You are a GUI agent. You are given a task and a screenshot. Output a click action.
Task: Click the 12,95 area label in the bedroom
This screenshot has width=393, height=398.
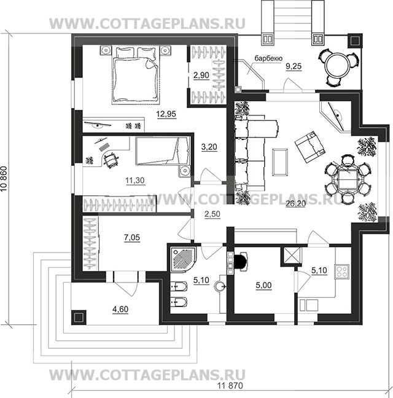tap(166, 114)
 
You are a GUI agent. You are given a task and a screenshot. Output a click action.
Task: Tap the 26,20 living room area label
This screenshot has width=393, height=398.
tap(296, 203)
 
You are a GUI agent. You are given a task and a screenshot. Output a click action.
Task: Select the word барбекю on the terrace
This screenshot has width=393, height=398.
tap(268, 58)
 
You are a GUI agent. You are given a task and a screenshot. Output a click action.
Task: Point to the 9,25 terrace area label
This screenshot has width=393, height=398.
tap(294, 66)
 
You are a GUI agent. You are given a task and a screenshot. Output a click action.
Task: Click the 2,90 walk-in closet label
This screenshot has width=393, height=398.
tap(201, 75)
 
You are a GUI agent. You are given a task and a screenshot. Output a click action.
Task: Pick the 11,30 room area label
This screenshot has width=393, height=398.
tap(135, 181)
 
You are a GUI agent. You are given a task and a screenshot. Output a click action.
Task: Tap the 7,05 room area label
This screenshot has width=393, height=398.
tap(132, 238)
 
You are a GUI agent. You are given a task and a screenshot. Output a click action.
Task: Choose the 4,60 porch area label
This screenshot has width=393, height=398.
tap(120, 310)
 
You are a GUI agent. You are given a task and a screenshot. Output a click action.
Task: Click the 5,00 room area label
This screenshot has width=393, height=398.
tap(263, 286)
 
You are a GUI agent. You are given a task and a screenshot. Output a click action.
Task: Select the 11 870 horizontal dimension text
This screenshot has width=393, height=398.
tap(230, 386)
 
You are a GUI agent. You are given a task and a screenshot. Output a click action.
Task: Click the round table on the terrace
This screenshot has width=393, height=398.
tap(338, 66)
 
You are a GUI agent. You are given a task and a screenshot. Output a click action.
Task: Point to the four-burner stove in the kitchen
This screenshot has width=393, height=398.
tap(342, 271)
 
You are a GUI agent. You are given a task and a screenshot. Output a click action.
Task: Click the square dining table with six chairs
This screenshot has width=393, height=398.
tap(348, 180)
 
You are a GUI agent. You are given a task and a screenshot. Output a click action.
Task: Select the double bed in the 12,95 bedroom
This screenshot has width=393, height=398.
tap(136, 75)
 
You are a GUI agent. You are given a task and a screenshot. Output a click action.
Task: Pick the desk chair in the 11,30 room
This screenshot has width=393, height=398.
tap(111, 160)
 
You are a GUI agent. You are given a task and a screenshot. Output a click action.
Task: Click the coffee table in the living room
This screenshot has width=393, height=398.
tap(280, 162)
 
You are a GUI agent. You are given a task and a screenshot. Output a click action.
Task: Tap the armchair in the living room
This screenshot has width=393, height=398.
tap(310, 147)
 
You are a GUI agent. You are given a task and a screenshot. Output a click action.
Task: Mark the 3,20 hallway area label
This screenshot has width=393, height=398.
tap(209, 147)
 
